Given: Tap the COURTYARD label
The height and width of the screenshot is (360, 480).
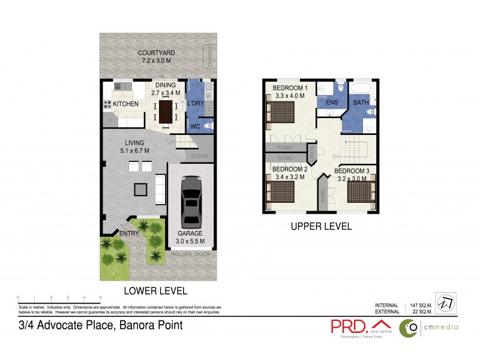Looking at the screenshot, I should [157, 53].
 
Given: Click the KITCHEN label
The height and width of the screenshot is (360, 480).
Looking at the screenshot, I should [126, 104].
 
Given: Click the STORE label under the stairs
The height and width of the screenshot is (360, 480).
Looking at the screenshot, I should [200, 157].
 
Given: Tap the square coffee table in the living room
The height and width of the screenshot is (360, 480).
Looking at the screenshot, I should [140, 190].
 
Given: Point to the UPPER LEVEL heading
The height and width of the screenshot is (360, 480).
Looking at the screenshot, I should [321, 227].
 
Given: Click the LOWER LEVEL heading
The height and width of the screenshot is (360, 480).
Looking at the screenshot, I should [155, 290].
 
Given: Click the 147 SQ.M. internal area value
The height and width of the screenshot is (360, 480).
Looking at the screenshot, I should [418, 305].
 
